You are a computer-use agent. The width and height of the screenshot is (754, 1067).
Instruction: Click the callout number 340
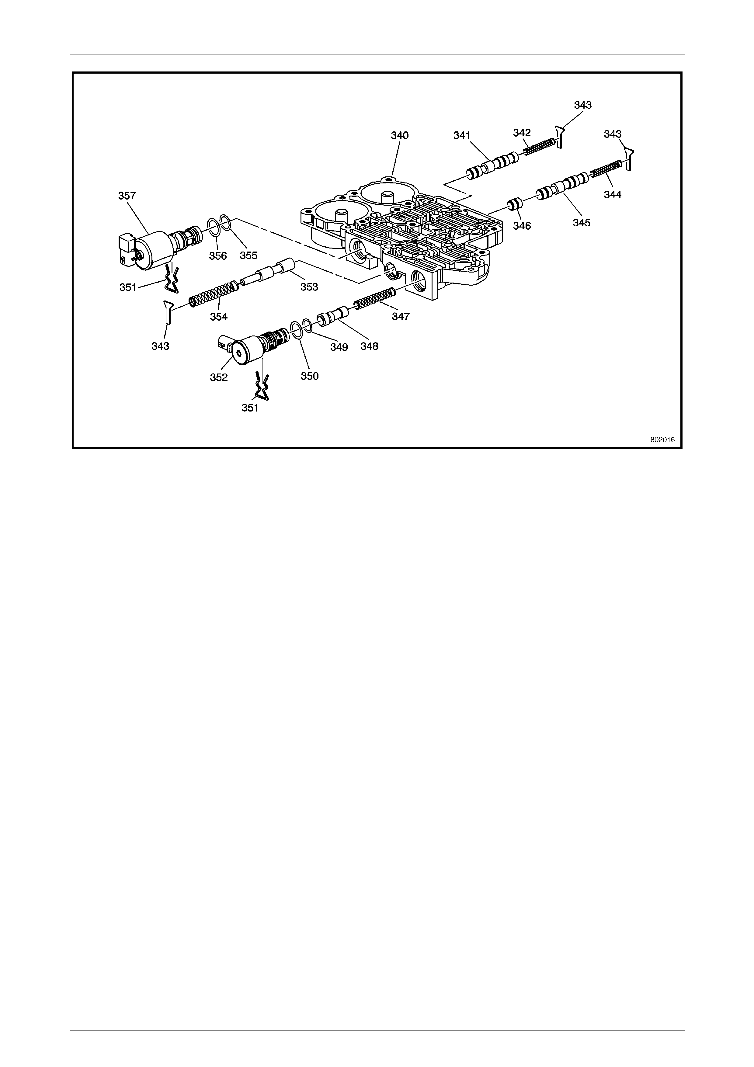[x=400, y=135]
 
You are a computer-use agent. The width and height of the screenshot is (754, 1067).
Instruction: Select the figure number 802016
[x=662, y=440]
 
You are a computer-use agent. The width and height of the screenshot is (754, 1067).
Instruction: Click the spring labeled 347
[x=374, y=298]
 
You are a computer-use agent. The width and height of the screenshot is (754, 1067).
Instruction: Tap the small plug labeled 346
[x=514, y=204]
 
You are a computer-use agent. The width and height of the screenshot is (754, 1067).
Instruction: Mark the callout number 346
[x=522, y=226]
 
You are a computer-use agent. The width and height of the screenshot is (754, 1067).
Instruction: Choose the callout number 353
[x=309, y=287]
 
